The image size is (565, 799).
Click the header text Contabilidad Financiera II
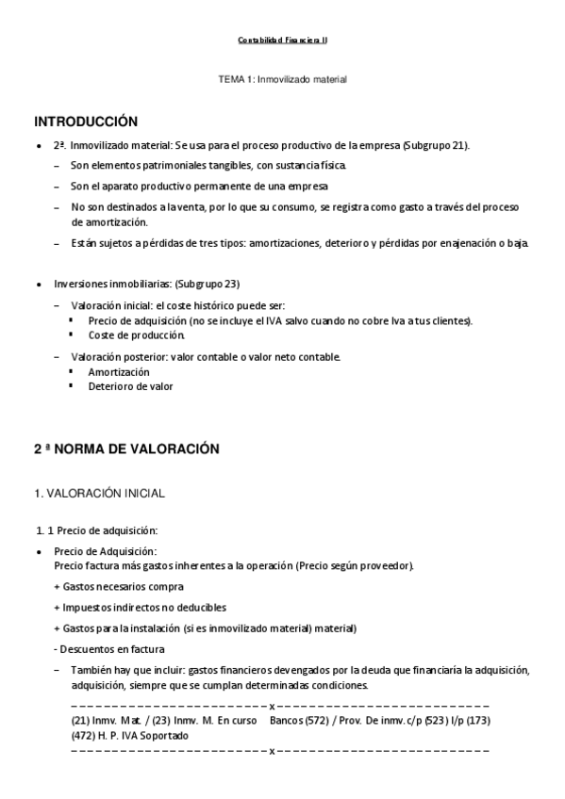[282, 41]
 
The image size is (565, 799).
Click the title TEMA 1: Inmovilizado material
[282, 80]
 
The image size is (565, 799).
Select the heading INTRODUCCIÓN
[86, 122]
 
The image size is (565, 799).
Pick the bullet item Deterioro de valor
[130, 386]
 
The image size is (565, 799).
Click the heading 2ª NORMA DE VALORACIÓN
[126, 449]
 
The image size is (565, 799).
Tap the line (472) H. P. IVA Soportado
[129, 735]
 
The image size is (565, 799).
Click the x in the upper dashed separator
[272, 706]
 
